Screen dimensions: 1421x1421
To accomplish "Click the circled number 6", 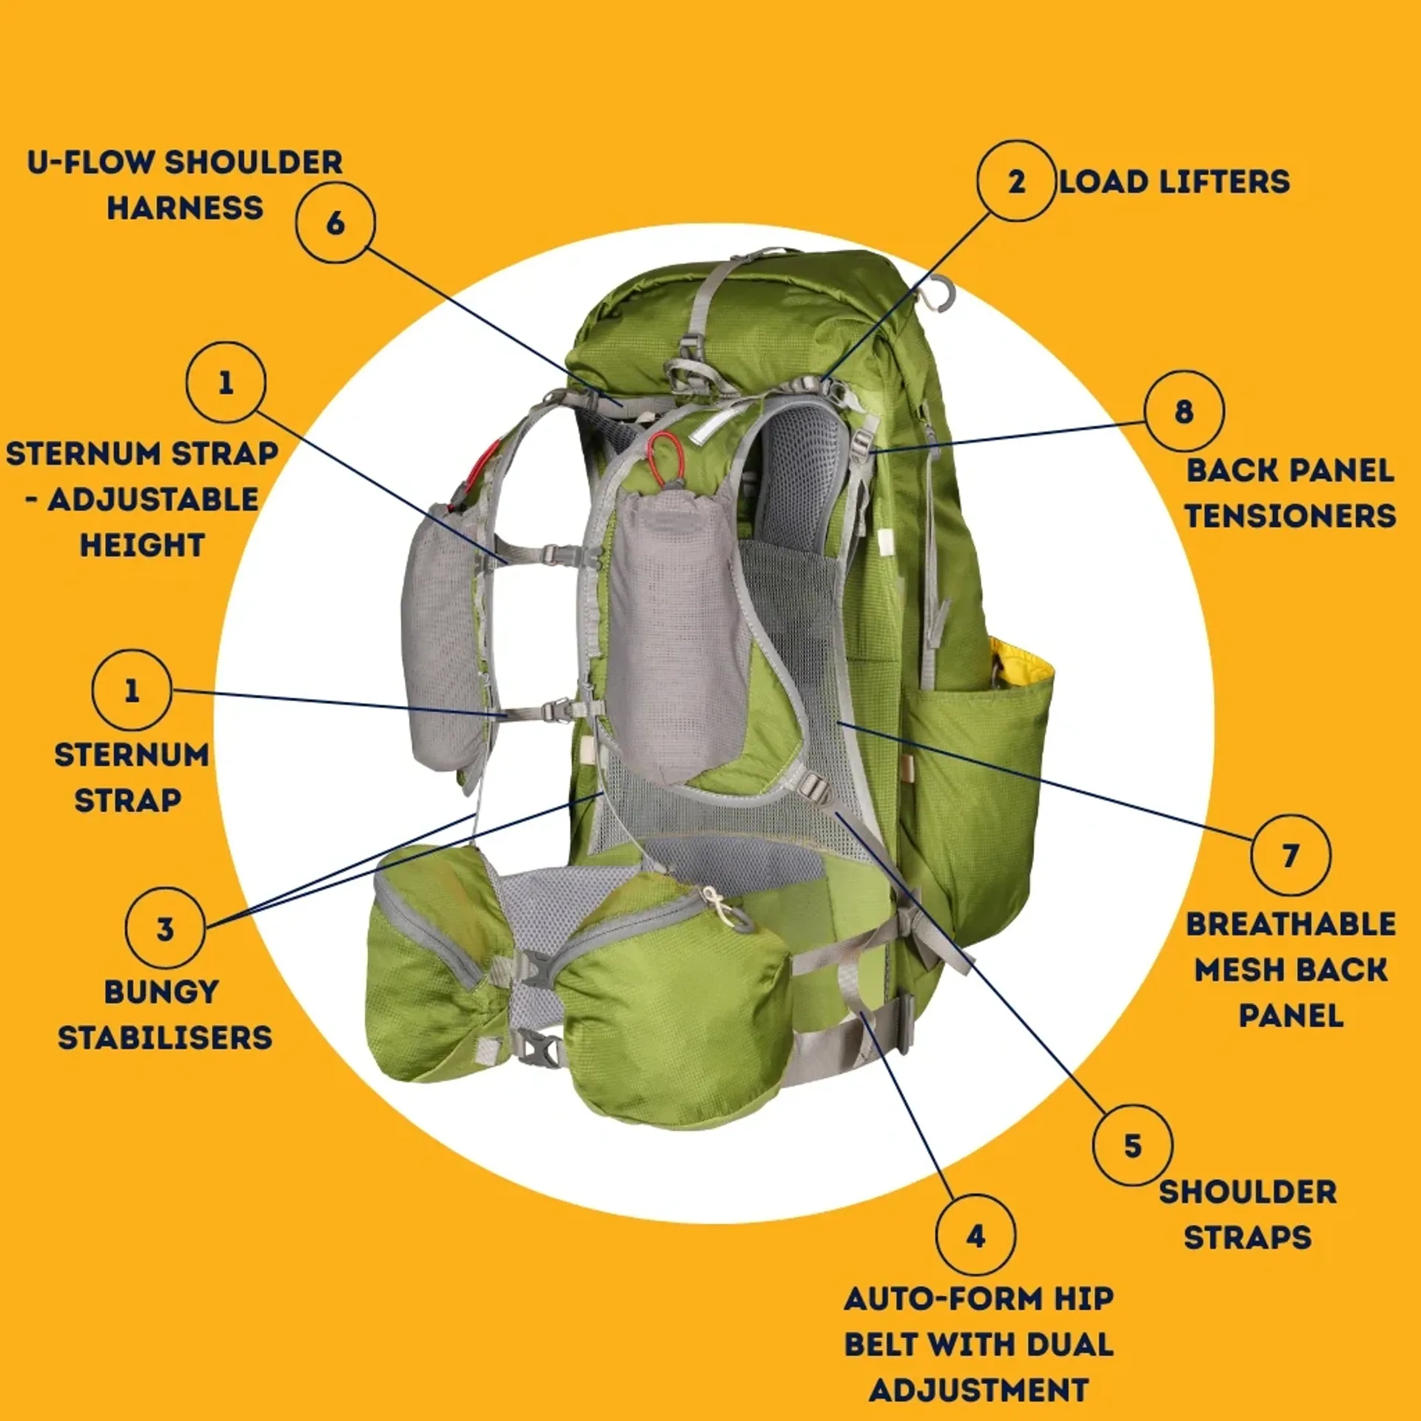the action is click(x=335, y=223).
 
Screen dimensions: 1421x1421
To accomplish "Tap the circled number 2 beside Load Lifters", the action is click(x=1016, y=181).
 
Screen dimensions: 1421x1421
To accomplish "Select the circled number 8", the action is click(x=1183, y=411).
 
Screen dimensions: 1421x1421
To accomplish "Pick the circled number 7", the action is click(x=1291, y=856).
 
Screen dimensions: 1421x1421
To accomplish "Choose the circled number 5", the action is click(x=1132, y=1146).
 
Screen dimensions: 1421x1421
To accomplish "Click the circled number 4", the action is click(x=975, y=1235).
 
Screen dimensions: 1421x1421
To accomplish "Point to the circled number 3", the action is click(x=165, y=928).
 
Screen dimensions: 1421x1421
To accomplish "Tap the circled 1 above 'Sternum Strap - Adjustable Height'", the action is click(x=226, y=383).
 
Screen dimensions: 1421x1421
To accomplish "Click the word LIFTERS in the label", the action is click(x=1223, y=182).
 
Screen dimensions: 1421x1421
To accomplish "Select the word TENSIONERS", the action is click(x=1291, y=516).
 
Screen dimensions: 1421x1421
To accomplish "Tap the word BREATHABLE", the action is click(x=1291, y=924).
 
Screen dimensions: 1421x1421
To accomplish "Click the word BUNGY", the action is click(x=161, y=992).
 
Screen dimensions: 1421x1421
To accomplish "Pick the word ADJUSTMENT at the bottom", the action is click(x=978, y=1390).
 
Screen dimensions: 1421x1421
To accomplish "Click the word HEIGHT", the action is click(x=142, y=545).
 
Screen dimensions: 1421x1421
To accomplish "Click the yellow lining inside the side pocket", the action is click(x=1021, y=663).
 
